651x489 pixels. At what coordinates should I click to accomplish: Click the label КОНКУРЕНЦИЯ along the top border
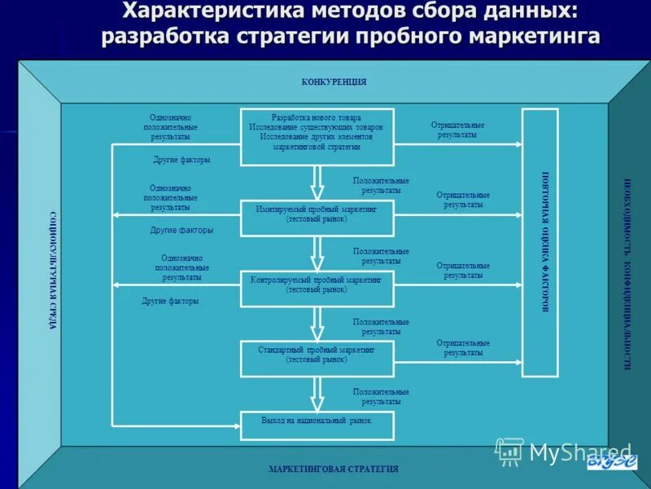coord(334,82)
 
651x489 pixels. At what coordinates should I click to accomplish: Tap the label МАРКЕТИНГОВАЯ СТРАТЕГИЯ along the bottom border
coord(334,469)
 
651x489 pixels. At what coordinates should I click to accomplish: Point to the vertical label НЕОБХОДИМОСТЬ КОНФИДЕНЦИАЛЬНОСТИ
coord(627,274)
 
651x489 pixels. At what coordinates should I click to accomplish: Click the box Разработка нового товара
coord(317,131)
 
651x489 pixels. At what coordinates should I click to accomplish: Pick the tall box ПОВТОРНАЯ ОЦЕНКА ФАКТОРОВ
coord(540,242)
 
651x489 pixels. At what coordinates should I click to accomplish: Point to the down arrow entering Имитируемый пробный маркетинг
coord(317,181)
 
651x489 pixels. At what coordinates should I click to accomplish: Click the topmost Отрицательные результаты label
coord(457,130)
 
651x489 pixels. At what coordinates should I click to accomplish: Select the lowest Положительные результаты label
coord(381,397)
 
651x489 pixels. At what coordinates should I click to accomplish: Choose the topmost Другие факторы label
coord(181,160)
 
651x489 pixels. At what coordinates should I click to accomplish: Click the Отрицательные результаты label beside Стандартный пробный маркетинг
coord(463,348)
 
